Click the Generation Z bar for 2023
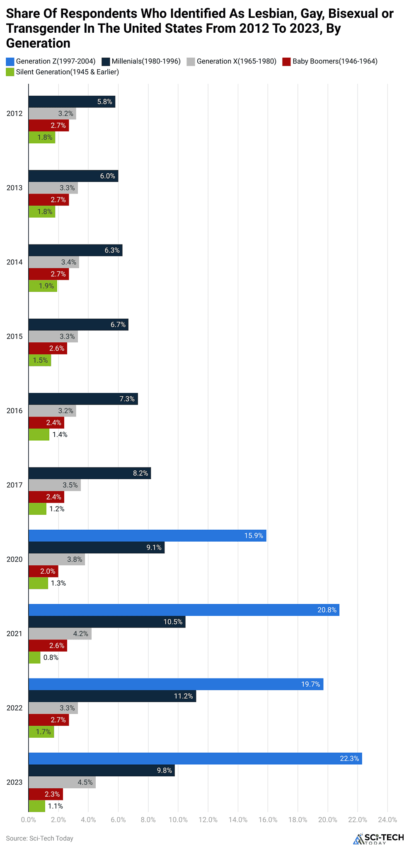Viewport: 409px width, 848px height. point(195,758)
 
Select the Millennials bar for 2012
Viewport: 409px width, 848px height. point(72,102)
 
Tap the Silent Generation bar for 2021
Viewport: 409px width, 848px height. point(34,657)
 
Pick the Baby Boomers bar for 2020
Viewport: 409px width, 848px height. point(43,571)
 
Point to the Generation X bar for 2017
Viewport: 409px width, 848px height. point(54,485)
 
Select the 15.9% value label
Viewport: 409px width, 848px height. point(254,535)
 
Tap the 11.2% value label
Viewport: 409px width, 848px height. point(183,696)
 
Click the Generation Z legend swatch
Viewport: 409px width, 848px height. point(10,61)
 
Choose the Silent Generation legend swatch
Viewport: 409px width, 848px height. point(10,72)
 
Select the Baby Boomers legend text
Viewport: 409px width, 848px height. point(335,61)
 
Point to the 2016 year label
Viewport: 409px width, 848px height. point(15,411)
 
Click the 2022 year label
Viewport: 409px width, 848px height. point(15,708)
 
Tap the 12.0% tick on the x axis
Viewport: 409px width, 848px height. point(208,819)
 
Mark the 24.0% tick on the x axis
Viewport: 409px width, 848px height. point(387,819)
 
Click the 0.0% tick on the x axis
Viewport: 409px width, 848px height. point(28,819)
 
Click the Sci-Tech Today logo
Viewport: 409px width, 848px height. point(378,838)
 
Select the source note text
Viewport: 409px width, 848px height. point(39,838)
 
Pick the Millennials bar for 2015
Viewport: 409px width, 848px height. point(78,325)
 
